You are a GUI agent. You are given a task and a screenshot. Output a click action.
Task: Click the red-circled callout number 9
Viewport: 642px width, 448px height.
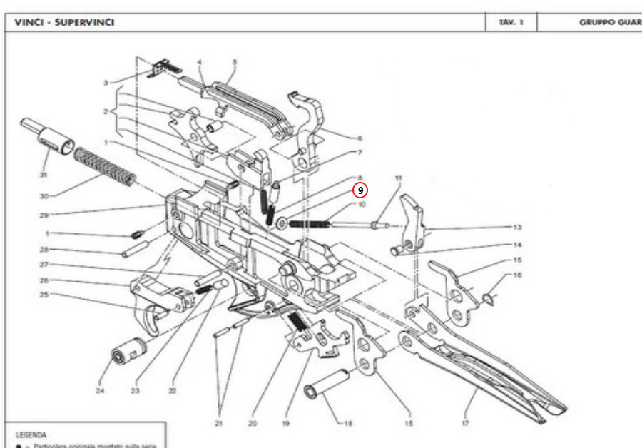(361, 190)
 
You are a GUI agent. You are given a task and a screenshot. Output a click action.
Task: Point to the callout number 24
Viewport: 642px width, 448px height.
(100, 390)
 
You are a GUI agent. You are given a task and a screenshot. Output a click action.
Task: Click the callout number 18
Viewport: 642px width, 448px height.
(348, 423)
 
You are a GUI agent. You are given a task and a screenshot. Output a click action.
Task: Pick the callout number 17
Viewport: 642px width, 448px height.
(465, 423)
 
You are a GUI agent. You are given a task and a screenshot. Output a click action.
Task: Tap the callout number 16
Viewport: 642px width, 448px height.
(517, 275)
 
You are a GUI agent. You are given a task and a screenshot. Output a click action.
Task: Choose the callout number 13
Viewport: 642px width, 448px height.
(517, 227)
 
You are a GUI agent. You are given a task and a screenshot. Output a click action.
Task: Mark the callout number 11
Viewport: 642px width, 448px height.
(399, 178)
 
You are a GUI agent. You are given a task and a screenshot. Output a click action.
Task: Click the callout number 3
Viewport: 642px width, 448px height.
(106, 83)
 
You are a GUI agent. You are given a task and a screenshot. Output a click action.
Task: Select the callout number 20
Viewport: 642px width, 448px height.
(252, 423)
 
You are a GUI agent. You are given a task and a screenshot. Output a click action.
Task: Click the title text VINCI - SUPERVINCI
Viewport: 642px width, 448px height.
(63, 23)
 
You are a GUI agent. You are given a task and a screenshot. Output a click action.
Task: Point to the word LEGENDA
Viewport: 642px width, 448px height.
(31, 434)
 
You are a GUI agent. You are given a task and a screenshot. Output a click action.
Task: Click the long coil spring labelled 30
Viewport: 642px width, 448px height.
(105, 166)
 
